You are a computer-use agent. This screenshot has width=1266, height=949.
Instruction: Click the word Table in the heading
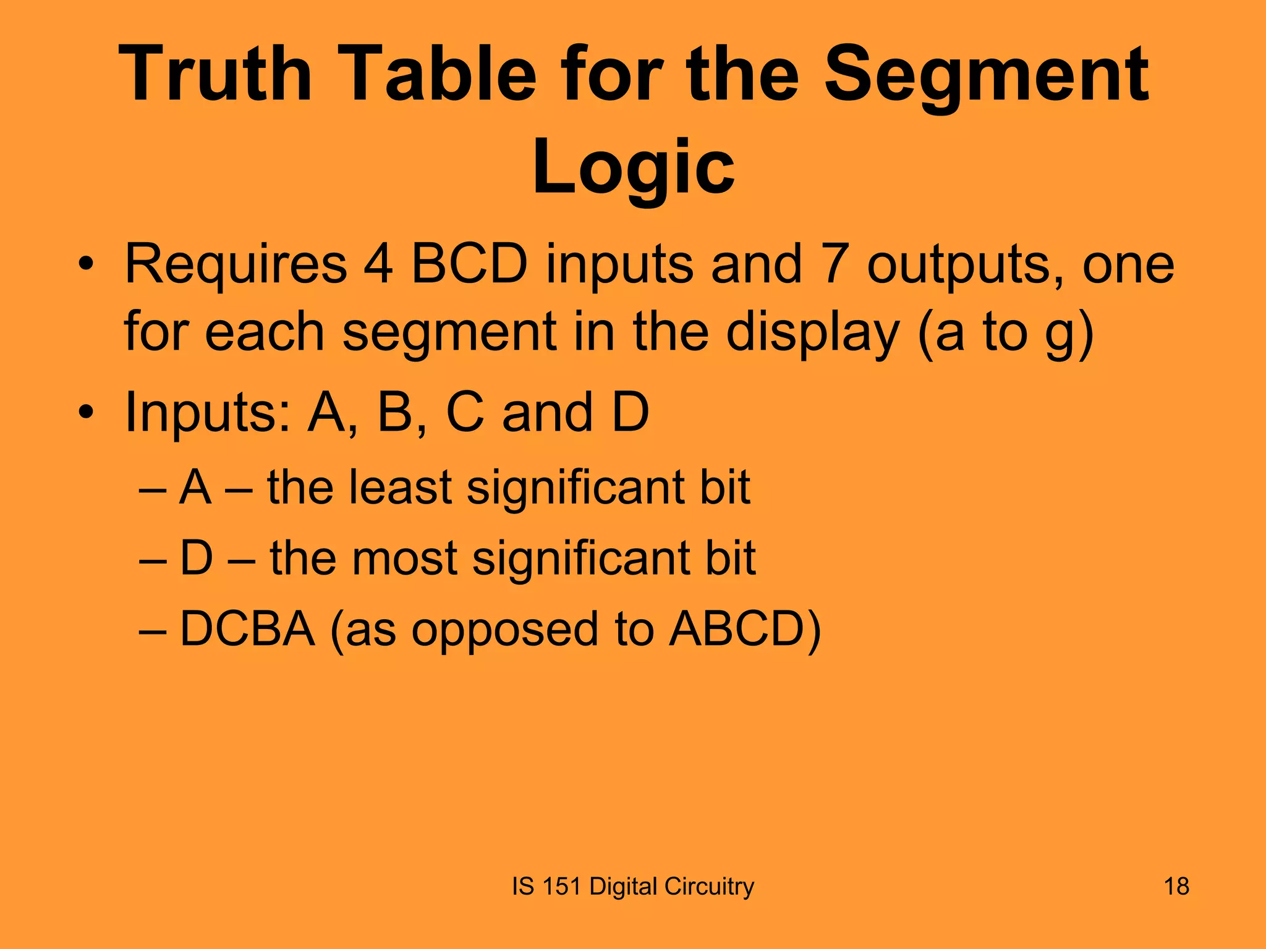tap(461, 74)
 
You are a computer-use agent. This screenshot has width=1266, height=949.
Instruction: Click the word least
tap(400, 488)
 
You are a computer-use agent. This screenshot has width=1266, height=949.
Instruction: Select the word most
tap(404, 559)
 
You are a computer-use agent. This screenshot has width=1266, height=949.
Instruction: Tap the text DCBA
tap(247, 629)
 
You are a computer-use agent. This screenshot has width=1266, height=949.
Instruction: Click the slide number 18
tap(1176, 887)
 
